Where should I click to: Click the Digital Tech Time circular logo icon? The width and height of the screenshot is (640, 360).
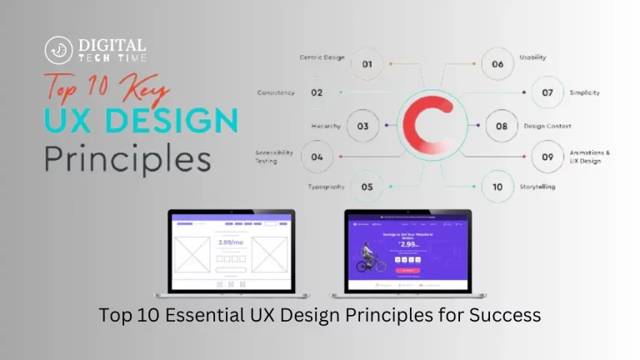click(58, 50)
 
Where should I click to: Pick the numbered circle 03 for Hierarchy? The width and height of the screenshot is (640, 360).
click(362, 127)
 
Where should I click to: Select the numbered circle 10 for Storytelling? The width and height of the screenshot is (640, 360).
click(497, 187)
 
